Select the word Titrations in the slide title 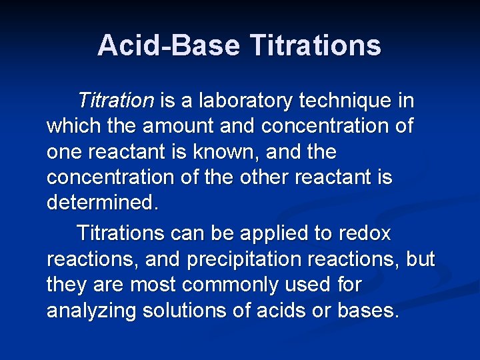point(315,46)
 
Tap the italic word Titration point(115,101)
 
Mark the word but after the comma point(419,259)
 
